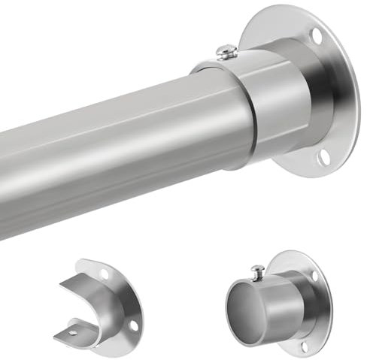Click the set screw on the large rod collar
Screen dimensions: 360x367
[226, 51]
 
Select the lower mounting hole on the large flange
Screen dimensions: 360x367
[323, 156]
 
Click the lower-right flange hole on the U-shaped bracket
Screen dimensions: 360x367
[133, 325]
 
